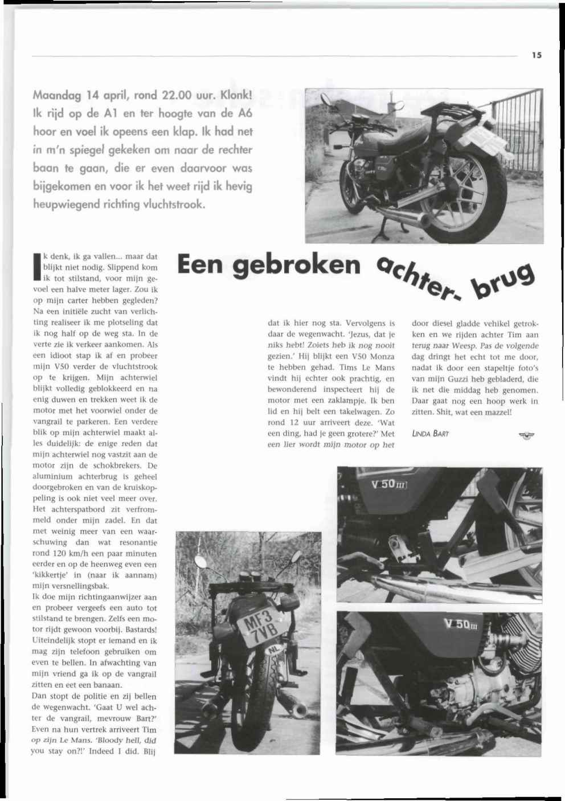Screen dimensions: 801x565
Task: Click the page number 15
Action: pos(537,55)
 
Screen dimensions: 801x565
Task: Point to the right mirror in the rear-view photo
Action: pos(298,555)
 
